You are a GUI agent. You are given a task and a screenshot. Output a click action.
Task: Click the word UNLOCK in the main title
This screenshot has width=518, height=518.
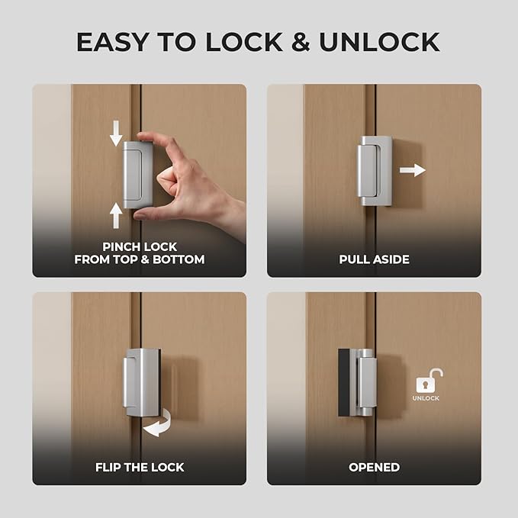379,42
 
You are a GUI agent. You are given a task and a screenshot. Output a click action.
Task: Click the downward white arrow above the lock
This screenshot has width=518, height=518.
116,134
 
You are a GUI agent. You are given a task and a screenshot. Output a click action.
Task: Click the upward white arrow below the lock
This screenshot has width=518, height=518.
116,215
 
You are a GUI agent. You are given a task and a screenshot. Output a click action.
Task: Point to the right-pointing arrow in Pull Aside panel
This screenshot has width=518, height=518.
412,170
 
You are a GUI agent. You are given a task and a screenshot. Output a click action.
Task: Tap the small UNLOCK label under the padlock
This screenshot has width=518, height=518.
426,398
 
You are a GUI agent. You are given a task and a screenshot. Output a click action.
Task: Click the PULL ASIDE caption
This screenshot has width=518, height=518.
374,259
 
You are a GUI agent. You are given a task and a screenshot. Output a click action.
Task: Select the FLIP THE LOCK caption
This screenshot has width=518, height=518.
140,467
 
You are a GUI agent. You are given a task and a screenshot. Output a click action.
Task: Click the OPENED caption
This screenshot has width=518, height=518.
374,467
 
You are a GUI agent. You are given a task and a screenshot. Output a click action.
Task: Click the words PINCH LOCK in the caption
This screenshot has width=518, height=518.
140,247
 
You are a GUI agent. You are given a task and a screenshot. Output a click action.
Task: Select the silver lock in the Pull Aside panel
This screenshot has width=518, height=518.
375,171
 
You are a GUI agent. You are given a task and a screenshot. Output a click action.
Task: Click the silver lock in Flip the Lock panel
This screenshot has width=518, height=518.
141,382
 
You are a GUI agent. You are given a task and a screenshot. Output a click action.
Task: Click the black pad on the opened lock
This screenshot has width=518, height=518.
344,382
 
